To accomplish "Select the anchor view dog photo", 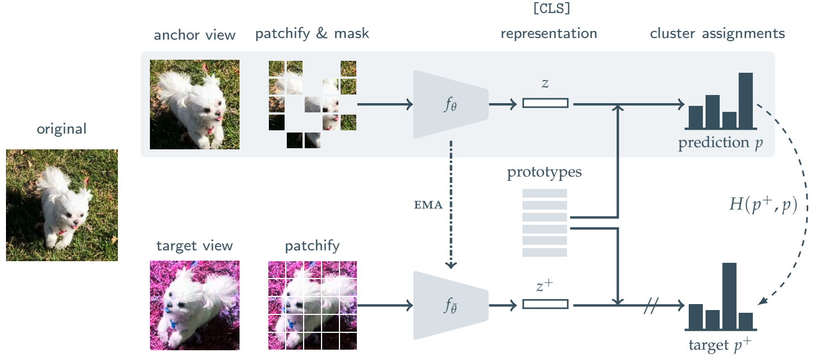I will (194, 104).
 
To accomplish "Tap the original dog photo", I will (62, 205).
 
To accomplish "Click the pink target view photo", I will (194, 305).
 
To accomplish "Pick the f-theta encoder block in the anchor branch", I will (450, 104).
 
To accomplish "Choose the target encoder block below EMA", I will (450, 306).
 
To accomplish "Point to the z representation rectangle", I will (545, 103).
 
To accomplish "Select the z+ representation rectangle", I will (545, 305).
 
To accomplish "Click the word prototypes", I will (544, 173).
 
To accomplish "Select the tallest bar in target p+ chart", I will (729, 296).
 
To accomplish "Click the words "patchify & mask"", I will (312, 34).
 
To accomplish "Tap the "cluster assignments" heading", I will (717, 34).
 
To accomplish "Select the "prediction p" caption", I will (720, 143).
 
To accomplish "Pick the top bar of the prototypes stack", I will (544, 193).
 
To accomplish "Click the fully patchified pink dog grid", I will (312, 305).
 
